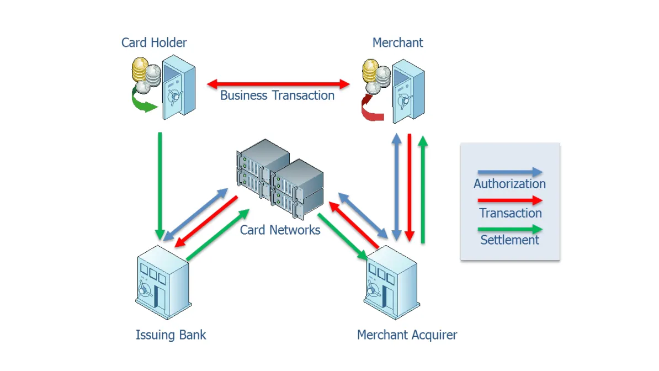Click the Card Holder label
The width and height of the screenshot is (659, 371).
[154, 43]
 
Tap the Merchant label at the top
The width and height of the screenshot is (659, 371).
[397, 43]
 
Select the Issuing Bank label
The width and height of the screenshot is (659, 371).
[171, 335]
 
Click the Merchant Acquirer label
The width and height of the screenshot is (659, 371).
[407, 335]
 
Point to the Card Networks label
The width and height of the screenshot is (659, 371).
[280, 230]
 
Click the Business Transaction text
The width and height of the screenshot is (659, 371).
[277, 95]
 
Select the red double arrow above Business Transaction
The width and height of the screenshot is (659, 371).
[279, 84]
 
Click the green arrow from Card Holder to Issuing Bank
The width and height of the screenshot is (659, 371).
[160, 185]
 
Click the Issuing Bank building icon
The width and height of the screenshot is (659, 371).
[162, 282]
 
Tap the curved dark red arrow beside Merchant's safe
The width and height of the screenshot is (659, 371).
[371, 109]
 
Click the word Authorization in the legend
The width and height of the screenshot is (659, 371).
[509, 184]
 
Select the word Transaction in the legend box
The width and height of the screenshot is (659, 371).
[511, 213]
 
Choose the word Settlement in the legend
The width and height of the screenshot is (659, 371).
[509, 240]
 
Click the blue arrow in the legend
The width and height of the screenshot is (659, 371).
[509, 173]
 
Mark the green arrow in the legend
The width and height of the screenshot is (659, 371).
[509, 229]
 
